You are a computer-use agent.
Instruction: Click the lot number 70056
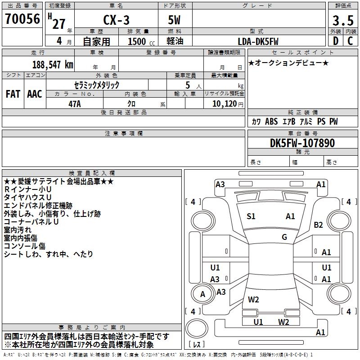22,19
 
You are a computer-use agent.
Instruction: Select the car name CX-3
116,20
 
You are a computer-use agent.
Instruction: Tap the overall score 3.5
343,20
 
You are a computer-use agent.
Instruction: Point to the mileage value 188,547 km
53,64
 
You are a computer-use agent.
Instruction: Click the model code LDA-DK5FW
258,41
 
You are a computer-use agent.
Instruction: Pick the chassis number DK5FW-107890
302,143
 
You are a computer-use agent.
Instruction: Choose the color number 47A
75,104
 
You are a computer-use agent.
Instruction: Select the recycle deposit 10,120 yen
228,104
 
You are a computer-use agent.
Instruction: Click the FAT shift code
13,94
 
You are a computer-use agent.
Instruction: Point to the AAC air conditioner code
35,94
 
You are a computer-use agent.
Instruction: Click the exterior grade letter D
336,41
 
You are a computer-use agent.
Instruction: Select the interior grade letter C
350,41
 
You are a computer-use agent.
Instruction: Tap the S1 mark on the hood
251,216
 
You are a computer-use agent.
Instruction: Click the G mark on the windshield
284,237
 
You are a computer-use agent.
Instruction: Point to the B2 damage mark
318,225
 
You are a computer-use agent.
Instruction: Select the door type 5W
174,20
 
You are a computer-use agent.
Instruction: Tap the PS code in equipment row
321,121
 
